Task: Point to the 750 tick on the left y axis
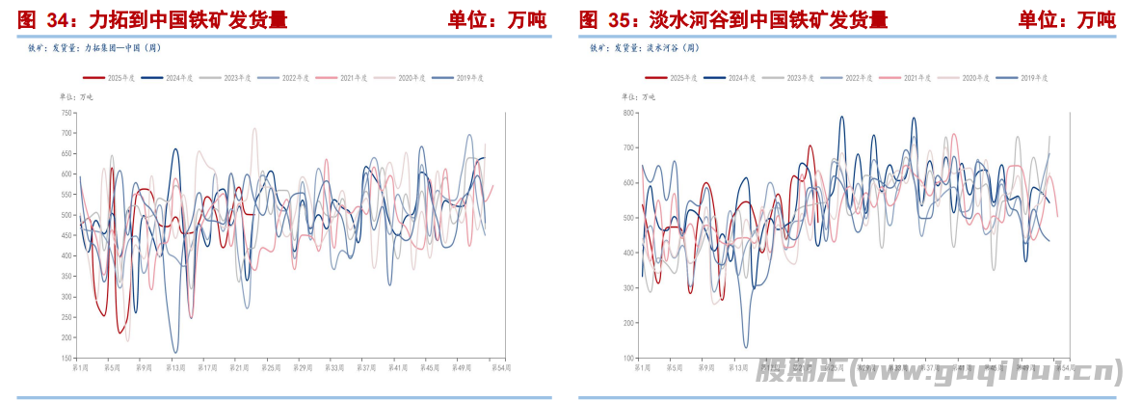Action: [66, 113]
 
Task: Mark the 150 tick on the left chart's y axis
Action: [66, 358]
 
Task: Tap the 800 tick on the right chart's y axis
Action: [627, 113]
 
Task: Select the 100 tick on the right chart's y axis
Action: [627, 358]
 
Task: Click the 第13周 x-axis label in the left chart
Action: [175, 367]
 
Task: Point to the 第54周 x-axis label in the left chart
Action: [499, 367]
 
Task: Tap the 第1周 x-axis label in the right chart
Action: [643, 367]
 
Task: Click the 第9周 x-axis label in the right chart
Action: [705, 367]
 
